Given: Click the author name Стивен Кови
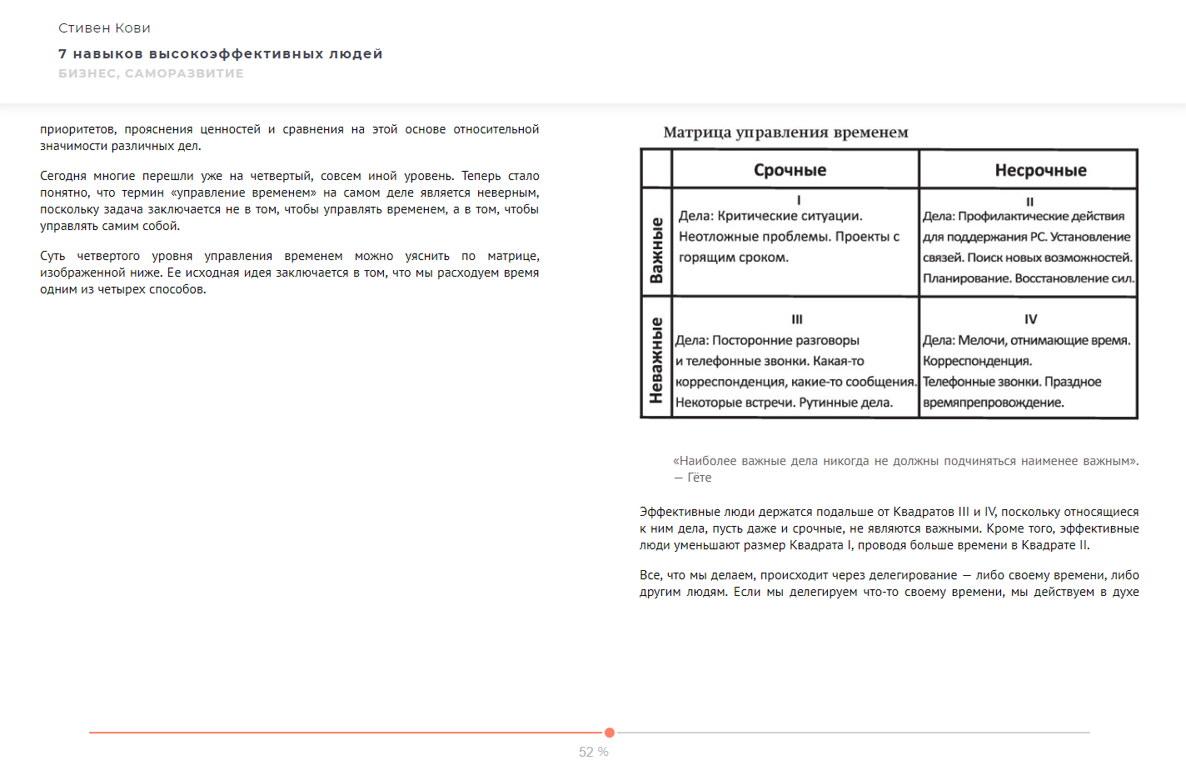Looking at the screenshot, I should click(x=104, y=28).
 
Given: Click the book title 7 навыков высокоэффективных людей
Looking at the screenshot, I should click(x=220, y=54).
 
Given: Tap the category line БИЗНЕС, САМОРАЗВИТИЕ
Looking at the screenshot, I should click(x=151, y=73).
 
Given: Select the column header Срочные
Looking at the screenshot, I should click(x=790, y=170).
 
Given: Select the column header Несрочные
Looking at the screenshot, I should click(x=1040, y=170).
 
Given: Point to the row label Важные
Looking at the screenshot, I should click(x=656, y=250).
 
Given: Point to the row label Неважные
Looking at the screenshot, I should click(x=656, y=360).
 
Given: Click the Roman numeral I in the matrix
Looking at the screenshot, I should click(x=799, y=200).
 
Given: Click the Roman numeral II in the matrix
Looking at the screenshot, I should click(x=1029, y=202).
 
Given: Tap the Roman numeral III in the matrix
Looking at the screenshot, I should click(x=797, y=319).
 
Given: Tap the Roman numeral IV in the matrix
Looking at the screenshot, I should click(x=1030, y=319).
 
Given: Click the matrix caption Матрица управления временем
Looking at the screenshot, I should click(x=785, y=133).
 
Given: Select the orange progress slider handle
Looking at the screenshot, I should click(x=610, y=733).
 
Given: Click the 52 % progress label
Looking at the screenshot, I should click(x=594, y=752).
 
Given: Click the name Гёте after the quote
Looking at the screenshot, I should click(x=700, y=478).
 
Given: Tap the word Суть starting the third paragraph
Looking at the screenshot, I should click(x=52, y=256).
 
